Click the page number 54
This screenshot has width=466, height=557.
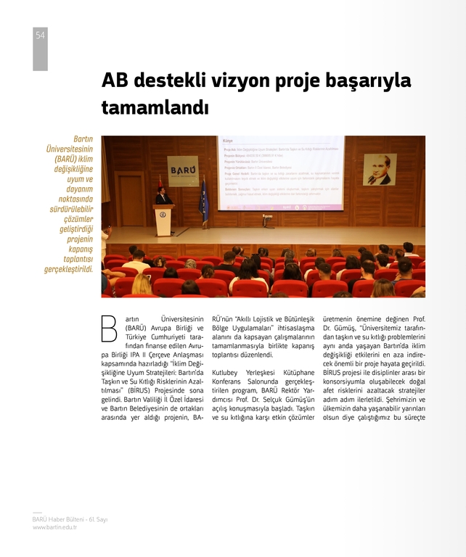pos(40,36)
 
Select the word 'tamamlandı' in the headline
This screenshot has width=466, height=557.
pos(155,107)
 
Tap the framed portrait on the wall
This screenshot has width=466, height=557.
pos(379,170)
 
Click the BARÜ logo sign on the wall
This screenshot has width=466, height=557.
pos(183,171)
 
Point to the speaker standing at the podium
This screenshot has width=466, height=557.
pos(162,197)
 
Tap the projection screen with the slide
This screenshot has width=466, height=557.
pos(280,173)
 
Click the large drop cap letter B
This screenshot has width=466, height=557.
pos(109,328)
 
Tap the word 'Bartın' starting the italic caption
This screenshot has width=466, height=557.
pos(84,139)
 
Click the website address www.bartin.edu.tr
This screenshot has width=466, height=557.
pos(55,527)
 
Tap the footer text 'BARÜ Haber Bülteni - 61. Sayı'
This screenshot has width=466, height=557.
pos(70,519)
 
